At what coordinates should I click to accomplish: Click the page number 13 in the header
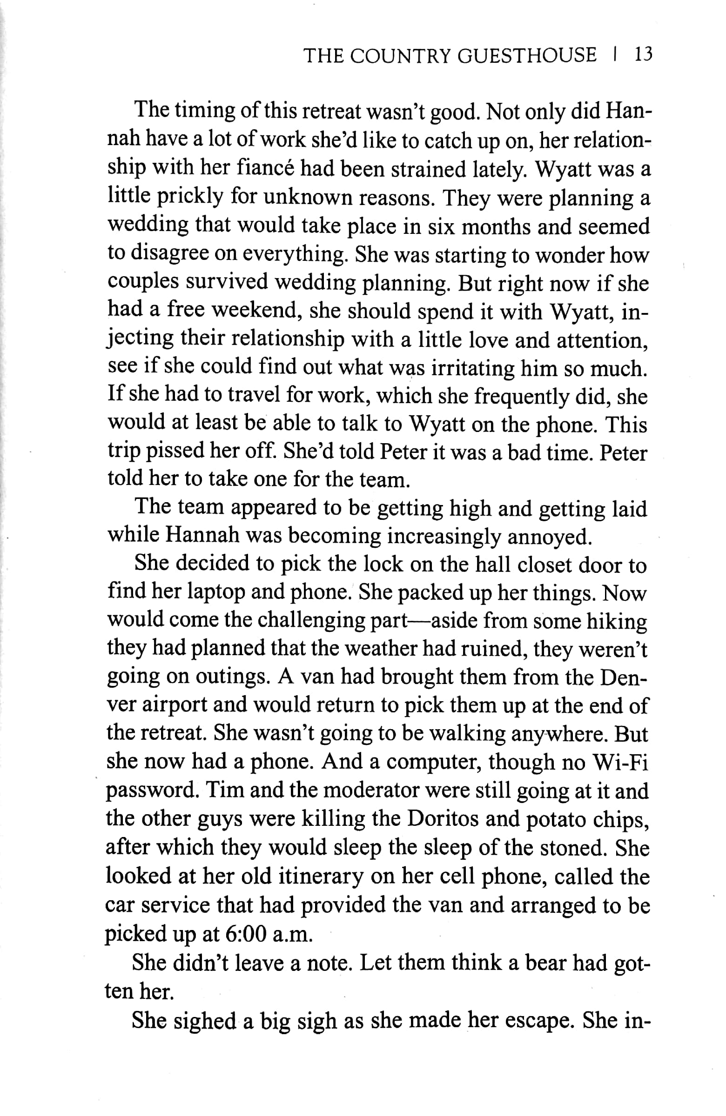tap(643, 55)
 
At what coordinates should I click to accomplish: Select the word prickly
tap(189, 197)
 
